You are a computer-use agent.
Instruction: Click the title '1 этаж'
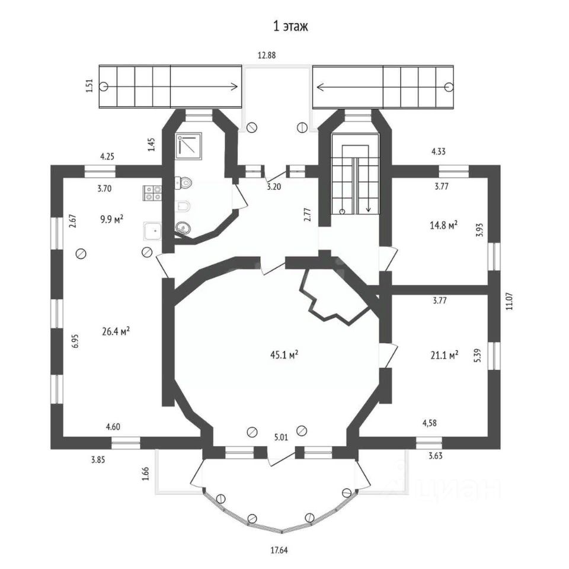[x=290, y=27]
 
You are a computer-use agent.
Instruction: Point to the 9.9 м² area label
[x=111, y=219]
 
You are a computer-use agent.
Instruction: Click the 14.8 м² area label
[x=443, y=225]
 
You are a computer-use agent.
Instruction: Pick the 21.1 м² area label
[x=444, y=355]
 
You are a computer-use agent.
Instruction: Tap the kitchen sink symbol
[x=153, y=230]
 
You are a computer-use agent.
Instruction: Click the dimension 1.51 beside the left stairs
[x=89, y=86]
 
